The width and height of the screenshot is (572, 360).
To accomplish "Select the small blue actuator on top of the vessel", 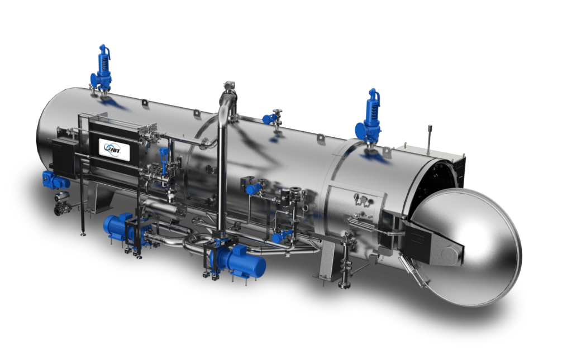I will pyautogui.click(x=269, y=119).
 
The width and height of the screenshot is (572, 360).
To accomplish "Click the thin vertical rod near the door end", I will pyautogui.click(x=429, y=139).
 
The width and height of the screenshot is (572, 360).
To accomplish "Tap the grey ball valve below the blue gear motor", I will pyautogui.click(x=61, y=204).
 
